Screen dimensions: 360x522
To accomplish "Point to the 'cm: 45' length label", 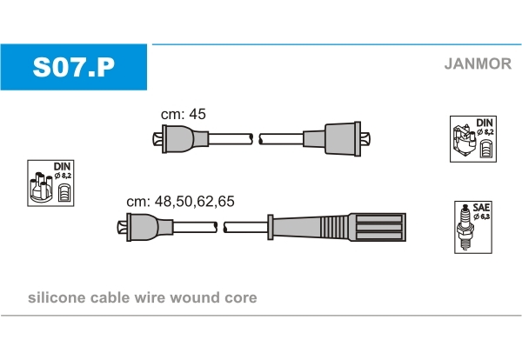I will [183, 114].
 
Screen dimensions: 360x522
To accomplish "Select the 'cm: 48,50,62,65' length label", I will [180, 201].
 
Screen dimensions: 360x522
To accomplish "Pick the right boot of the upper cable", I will [339, 138].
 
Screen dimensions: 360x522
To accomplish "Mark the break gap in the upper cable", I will [256, 138].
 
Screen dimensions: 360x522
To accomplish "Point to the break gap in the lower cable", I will [220, 228].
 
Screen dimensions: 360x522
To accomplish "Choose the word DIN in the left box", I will [63, 166].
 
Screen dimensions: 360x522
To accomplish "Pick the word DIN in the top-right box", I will [485, 123].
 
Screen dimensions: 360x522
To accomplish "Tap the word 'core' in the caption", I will [241, 298].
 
